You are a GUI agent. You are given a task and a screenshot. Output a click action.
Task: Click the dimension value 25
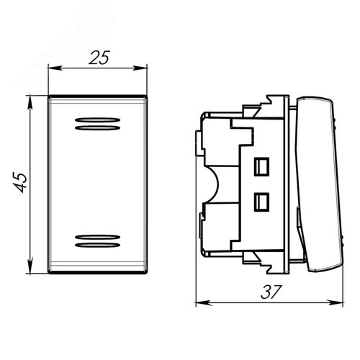tap(99, 58)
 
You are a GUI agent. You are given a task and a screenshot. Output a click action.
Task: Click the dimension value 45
tap(20, 182)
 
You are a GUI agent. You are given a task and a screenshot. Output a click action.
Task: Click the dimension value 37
tap(271, 292)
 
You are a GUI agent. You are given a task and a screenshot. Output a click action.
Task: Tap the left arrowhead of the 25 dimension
tap(55, 68)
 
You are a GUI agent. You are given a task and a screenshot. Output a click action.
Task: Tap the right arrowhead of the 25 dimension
tap(140, 68)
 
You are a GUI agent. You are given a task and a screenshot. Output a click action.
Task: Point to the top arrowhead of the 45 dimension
tap(30, 102)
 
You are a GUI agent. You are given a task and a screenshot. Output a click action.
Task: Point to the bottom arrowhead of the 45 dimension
tap(30, 266)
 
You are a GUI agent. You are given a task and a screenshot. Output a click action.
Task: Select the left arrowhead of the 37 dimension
tap(204, 303)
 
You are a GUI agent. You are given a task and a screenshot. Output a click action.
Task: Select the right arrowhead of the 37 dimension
tap(336, 303)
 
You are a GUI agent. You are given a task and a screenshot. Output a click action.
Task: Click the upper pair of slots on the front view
tap(97, 124)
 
